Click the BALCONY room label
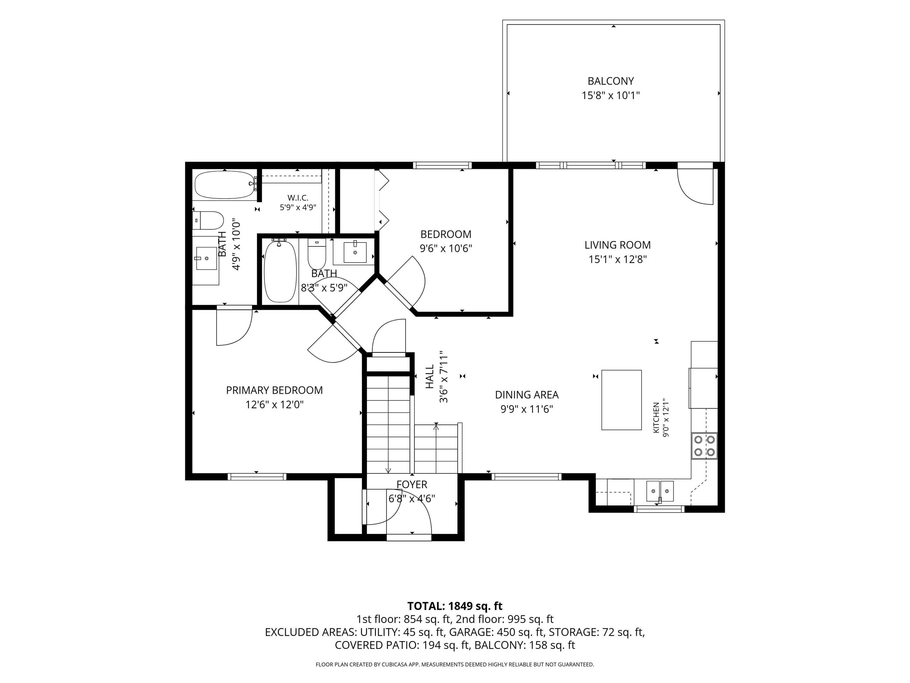[x=611, y=81]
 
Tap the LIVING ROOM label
[x=618, y=245]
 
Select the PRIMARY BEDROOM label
[x=274, y=390]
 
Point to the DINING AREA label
[x=527, y=395]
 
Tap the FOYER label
[x=412, y=485]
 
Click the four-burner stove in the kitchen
[x=704, y=446]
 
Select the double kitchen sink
[x=660, y=491]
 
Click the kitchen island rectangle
[x=621, y=400]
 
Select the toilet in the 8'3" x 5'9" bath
[x=317, y=253]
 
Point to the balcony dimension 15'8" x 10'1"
[x=611, y=95]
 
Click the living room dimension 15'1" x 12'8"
[x=618, y=259]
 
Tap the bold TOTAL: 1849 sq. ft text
[x=455, y=606]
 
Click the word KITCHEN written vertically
[x=656, y=417]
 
